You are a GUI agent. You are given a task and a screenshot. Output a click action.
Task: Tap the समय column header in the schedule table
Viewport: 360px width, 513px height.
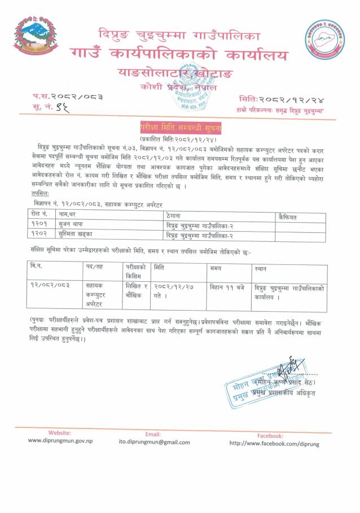click(x=215, y=269)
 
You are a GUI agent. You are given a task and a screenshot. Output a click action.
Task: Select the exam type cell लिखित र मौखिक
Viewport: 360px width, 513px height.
click(x=135, y=291)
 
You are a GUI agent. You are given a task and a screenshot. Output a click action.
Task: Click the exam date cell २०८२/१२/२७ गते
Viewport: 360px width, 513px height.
click(x=172, y=291)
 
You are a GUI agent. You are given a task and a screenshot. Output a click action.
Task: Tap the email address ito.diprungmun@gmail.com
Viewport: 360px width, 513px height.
click(x=153, y=442)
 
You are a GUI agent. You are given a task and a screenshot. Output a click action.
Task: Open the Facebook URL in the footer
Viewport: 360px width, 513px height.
click(x=274, y=443)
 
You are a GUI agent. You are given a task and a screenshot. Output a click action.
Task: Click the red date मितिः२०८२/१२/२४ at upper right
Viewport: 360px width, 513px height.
click(x=288, y=98)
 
